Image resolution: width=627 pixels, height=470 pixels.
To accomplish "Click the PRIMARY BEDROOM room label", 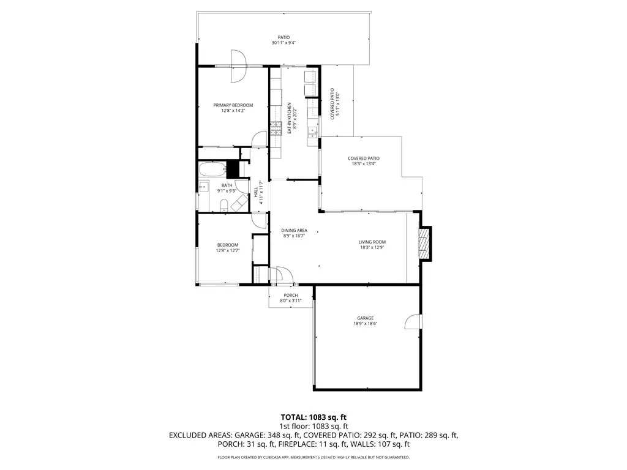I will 233,105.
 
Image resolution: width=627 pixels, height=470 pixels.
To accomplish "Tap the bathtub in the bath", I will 212,170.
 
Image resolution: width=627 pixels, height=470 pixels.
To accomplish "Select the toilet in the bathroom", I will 223,204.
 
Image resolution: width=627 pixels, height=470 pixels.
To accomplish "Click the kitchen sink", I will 313,130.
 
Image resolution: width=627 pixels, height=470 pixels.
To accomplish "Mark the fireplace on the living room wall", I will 424,244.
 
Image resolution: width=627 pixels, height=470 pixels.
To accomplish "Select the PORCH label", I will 290,295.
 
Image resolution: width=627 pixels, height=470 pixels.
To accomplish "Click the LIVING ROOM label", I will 372,242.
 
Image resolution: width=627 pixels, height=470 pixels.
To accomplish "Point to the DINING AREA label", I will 295,231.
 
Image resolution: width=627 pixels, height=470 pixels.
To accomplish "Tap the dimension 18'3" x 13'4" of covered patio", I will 364,163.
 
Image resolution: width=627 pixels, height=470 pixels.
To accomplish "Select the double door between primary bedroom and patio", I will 238,65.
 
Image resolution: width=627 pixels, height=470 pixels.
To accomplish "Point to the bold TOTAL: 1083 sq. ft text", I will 313,417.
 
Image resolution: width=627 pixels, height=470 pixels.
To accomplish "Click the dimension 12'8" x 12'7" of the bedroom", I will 227,250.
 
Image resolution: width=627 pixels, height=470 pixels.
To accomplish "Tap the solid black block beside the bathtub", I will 232,169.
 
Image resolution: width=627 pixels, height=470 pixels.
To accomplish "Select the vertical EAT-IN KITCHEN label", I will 290,118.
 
